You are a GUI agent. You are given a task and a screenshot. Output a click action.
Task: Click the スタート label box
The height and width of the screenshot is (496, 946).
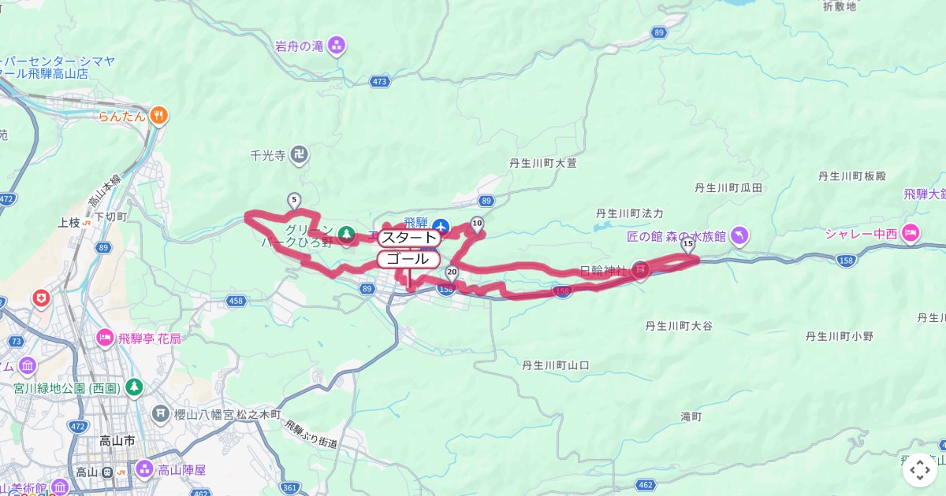[x=408, y=237]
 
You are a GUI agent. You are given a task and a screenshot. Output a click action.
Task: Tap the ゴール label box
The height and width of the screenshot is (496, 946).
[x=408, y=258]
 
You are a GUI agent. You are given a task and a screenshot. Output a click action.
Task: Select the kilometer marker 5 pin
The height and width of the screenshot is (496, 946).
[x=294, y=201]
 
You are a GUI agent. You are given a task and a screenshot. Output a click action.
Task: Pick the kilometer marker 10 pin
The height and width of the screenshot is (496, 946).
[x=477, y=224]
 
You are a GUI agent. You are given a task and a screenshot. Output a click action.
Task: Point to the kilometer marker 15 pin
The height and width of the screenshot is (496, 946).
[x=688, y=245]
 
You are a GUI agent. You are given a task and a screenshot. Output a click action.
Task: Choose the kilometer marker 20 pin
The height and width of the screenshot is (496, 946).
[x=452, y=272]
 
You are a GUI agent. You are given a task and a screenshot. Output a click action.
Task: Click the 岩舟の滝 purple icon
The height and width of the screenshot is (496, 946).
[x=337, y=45]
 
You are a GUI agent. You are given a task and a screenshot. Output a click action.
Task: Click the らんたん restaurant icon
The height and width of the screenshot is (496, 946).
[x=158, y=116]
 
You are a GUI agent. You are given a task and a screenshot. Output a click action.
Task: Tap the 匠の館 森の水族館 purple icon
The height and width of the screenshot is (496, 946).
[x=739, y=235]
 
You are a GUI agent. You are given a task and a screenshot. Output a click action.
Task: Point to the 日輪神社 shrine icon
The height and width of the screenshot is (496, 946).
[x=640, y=270]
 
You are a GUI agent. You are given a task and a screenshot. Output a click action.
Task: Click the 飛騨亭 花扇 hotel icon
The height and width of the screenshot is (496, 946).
[x=105, y=338]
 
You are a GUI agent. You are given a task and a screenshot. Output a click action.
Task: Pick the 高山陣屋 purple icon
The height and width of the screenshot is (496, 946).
[x=144, y=469]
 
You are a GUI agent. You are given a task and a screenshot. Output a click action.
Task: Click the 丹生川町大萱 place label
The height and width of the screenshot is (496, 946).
[x=543, y=164]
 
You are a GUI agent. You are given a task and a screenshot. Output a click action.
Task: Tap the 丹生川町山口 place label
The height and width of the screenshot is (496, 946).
[x=556, y=365]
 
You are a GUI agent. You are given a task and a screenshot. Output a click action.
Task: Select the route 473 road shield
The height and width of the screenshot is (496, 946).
[x=379, y=81]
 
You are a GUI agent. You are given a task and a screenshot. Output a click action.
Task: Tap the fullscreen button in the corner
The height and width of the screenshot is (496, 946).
[x=919, y=470]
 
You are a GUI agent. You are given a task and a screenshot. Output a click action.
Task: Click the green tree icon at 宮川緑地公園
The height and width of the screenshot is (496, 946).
[x=134, y=387]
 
